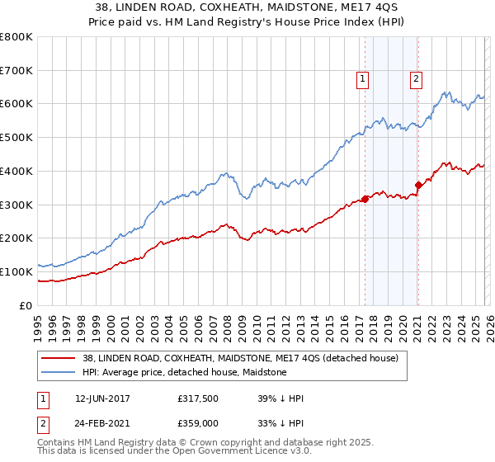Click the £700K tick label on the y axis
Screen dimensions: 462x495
pos(17,71)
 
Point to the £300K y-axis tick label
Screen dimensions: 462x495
pos(17,205)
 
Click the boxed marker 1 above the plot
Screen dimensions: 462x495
pos(363,79)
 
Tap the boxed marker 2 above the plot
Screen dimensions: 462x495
pos(416,79)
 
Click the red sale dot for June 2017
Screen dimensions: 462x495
pos(365,199)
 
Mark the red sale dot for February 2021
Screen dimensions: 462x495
pos(418,185)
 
